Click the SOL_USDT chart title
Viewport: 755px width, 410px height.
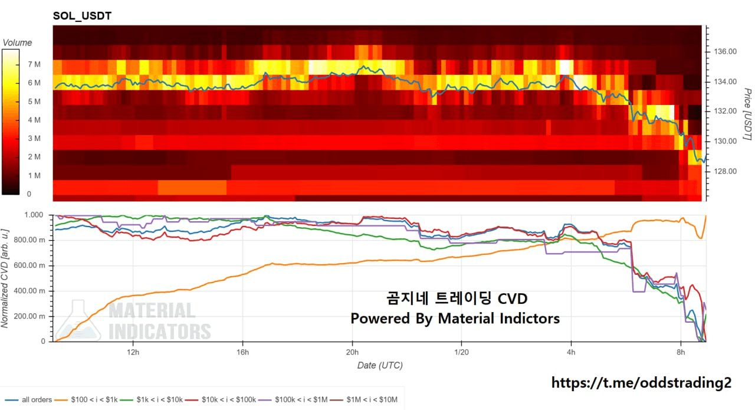click(82, 16)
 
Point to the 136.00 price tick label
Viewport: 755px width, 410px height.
click(724, 52)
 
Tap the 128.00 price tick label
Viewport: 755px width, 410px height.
click(724, 172)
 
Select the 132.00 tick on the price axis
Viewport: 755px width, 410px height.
click(724, 111)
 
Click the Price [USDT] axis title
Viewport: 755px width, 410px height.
click(747, 114)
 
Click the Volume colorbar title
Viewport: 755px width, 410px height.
click(18, 42)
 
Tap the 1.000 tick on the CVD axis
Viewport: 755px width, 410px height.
click(34, 215)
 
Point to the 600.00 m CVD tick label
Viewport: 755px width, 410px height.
click(30, 266)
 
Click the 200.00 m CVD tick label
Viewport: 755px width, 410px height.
click(30, 317)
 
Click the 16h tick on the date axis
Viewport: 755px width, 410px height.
click(242, 352)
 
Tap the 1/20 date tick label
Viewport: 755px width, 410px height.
click(461, 352)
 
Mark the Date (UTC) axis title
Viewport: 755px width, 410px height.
click(380, 366)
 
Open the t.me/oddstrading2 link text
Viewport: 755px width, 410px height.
click(641, 382)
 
